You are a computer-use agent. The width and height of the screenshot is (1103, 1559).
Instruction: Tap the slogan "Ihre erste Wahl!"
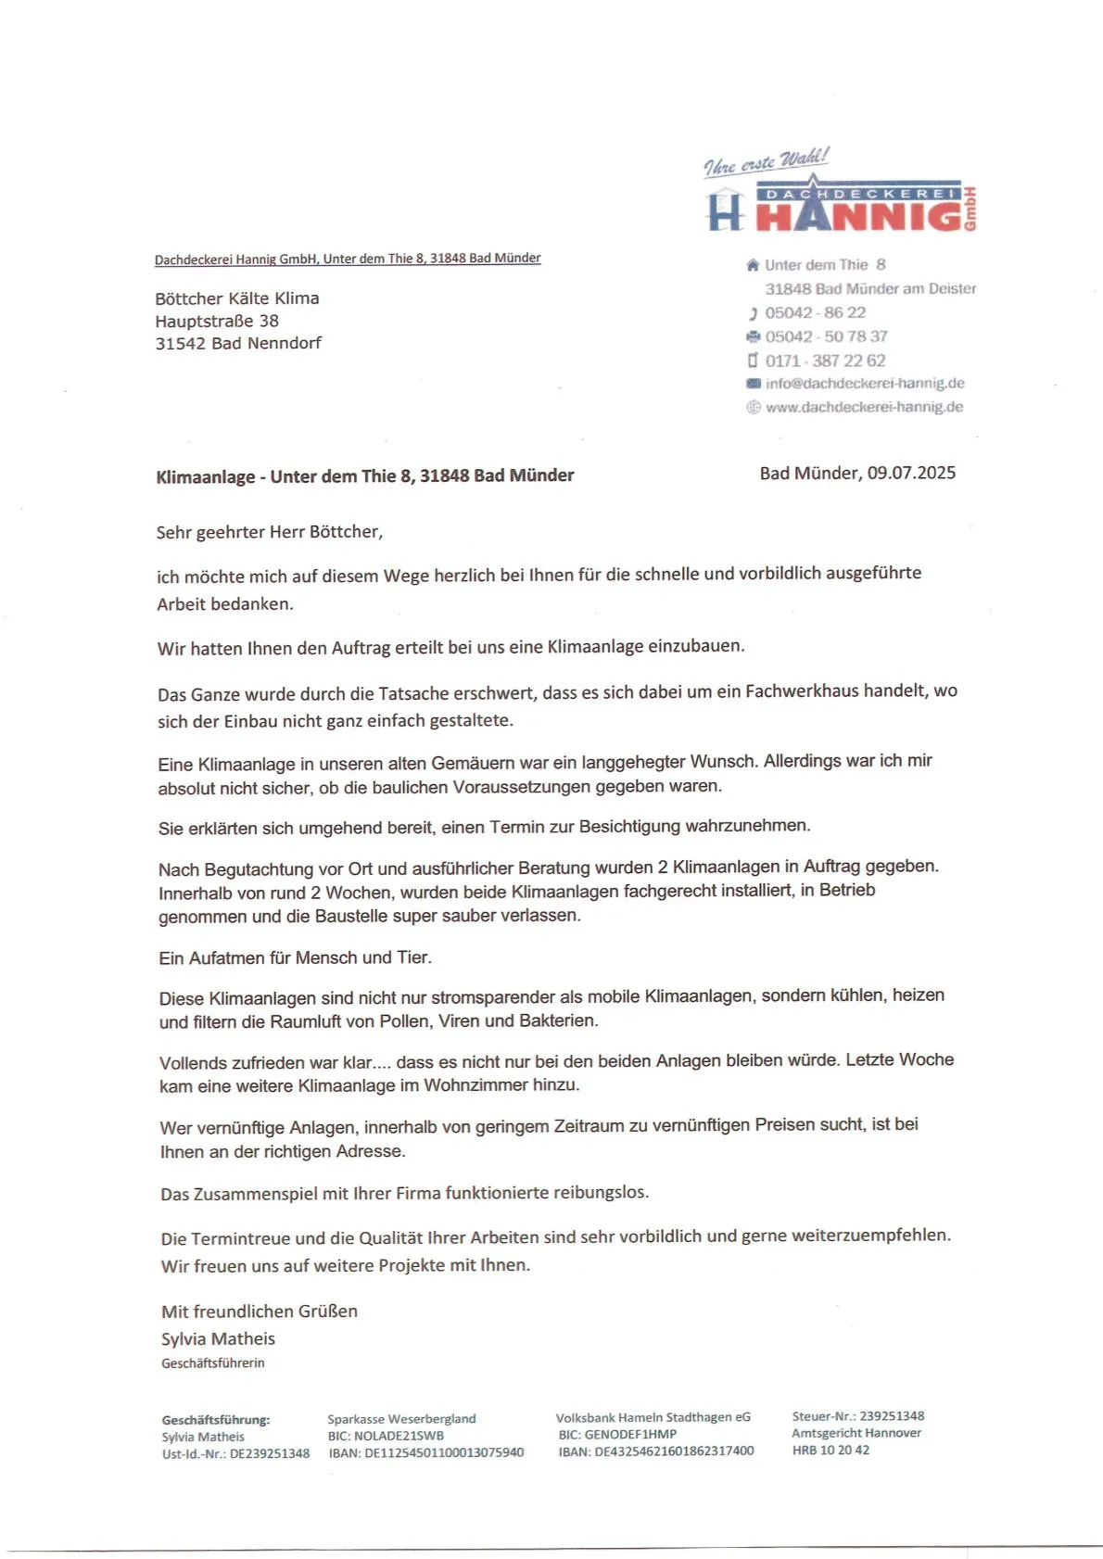(766, 161)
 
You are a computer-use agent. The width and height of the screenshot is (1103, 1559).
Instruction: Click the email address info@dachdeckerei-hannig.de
(865, 383)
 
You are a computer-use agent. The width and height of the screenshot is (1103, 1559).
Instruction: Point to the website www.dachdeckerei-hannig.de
(864, 407)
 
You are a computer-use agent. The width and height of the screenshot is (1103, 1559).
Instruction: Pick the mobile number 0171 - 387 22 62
(825, 361)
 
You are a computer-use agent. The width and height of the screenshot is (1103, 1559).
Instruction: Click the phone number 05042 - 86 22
(815, 312)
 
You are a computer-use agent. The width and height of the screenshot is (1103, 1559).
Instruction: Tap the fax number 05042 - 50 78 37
(826, 336)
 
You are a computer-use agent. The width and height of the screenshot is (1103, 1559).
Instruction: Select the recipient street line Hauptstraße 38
(217, 321)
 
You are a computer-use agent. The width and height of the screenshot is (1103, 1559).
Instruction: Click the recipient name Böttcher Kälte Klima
(237, 298)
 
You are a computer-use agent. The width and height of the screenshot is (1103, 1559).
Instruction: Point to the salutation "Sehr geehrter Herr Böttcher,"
(269, 532)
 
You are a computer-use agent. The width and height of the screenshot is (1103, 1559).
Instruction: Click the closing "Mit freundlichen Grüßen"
(259, 1312)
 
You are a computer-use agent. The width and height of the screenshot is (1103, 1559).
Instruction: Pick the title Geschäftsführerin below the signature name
(213, 1363)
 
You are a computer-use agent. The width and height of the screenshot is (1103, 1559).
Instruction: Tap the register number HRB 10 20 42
(830, 1450)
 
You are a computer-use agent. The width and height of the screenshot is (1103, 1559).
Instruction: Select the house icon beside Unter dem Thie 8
(753, 265)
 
